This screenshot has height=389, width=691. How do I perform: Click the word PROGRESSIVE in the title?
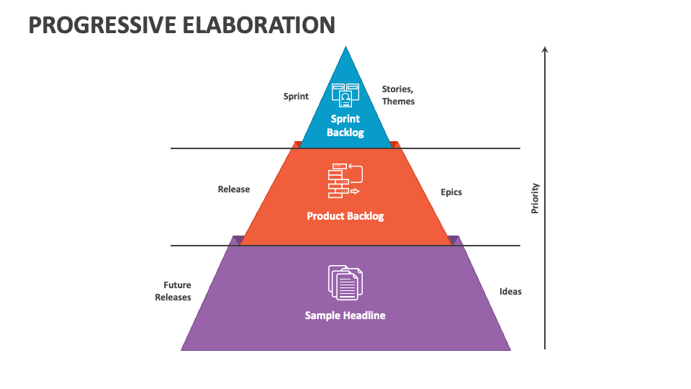[102, 25]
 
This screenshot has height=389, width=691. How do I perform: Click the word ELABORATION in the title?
[258, 25]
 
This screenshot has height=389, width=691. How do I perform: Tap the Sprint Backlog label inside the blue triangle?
[345, 125]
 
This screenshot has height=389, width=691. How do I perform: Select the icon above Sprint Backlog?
[345, 95]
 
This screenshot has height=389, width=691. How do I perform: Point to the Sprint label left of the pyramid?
[296, 97]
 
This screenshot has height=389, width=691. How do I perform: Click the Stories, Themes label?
[398, 95]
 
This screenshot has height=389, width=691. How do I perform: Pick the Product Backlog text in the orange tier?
[345, 216]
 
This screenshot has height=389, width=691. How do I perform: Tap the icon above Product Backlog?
[345, 180]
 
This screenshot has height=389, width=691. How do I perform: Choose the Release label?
[233, 189]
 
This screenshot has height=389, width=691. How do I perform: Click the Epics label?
[451, 192]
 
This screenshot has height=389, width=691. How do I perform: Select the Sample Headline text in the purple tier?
[345, 316]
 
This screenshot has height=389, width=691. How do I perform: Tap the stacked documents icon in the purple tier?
[345, 282]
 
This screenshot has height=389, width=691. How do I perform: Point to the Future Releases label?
[173, 291]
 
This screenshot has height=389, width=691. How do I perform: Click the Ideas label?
[510, 292]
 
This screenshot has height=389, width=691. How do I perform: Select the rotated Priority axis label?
[535, 199]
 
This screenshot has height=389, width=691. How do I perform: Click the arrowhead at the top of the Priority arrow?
[545, 49]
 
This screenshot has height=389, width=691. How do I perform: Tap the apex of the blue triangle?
[346, 46]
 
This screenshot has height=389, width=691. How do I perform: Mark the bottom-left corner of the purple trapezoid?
[181, 350]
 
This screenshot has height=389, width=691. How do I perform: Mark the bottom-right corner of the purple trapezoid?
[511, 350]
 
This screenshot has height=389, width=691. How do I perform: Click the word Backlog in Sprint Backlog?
[345, 133]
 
